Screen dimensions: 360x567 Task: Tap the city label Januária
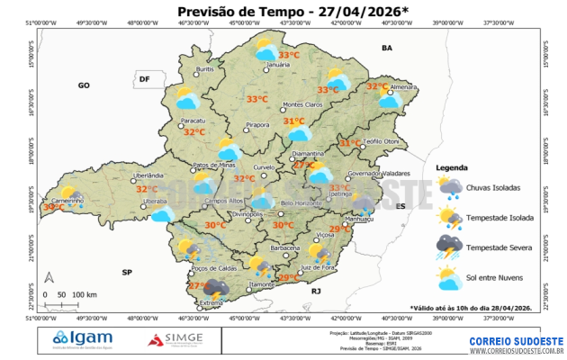[x=277, y=65]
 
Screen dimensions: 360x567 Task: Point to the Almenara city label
[x=403, y=86]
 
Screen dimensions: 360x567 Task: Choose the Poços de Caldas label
[x=214, y=268]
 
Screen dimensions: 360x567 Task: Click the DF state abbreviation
[x=143, y=80]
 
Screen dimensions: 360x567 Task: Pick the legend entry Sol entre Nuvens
[x=497, y=275]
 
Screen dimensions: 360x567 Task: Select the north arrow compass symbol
[x=50, y=277]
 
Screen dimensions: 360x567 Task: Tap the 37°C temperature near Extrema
[x=197, y=285]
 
